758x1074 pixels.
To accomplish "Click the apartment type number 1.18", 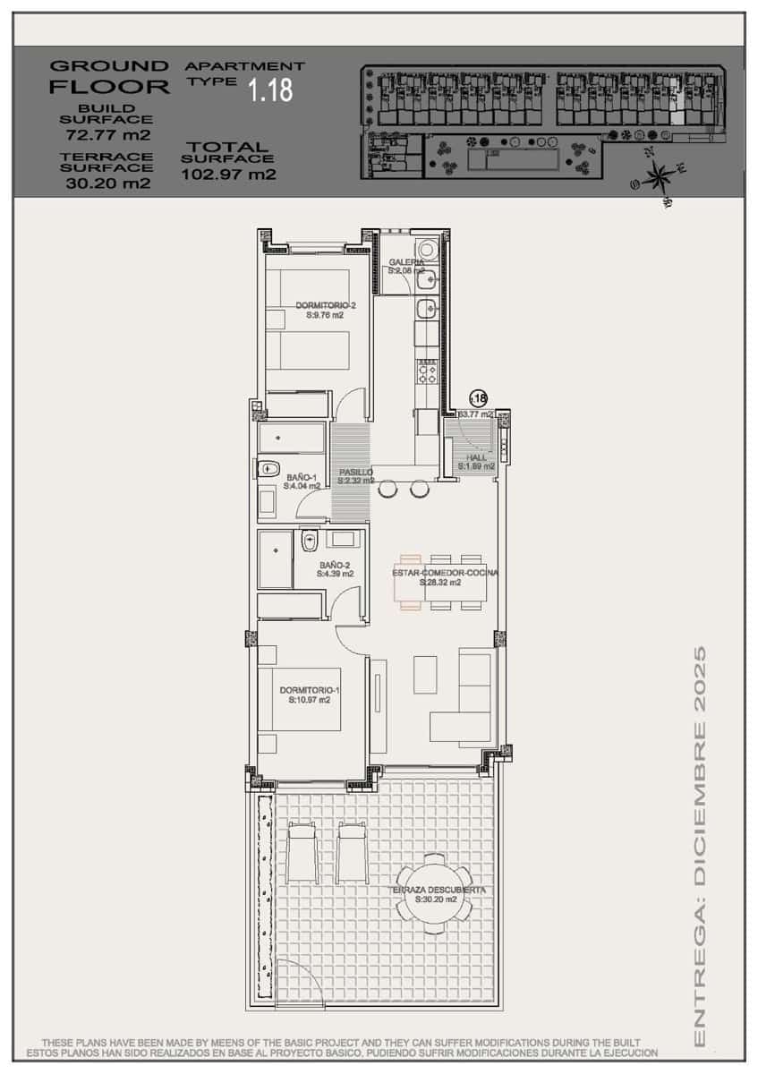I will (270, 90).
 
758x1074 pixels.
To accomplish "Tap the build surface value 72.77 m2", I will (107, 136).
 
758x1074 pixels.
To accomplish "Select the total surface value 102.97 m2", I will (228, 175).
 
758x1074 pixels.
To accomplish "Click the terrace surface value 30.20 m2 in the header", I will (107, 183).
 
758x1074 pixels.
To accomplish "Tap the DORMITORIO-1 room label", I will (309, 691).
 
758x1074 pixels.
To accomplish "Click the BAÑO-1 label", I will (301, 479).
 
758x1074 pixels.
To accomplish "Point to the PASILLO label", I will (355, 473).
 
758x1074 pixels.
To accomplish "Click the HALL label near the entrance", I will (476, 458).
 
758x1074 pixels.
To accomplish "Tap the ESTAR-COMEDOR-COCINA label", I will (445, 573).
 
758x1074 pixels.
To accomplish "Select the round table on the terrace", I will (434, 898).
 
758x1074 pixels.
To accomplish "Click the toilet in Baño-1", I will (268, 468).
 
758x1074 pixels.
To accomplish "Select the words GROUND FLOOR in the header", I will (109, 76).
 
